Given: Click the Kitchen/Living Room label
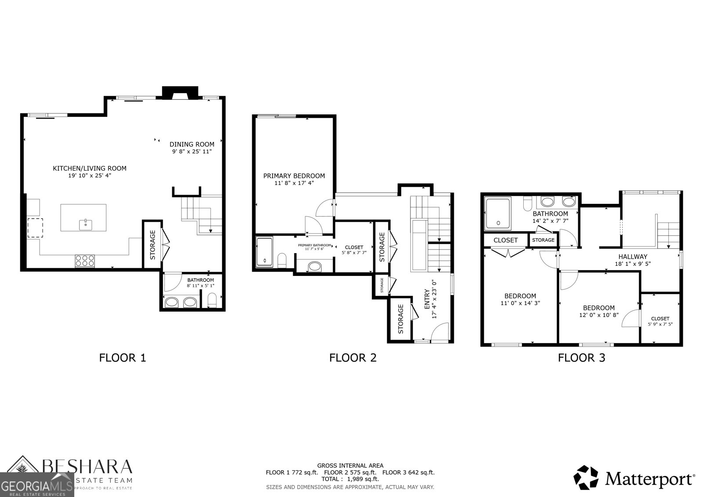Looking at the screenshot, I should point(90,168).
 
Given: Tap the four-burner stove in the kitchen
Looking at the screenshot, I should point(85,261).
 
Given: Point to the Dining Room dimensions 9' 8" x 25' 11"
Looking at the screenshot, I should point(192,152).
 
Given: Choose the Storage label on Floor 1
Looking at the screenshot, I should point(153,245).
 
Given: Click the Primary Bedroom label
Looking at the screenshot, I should point(294,176).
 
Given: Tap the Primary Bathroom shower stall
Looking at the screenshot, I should point(265,253).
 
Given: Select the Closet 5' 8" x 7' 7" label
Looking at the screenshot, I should point(354,247).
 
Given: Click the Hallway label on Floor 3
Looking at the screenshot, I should point(633,257).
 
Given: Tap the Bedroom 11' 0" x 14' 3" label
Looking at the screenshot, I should point(520,296).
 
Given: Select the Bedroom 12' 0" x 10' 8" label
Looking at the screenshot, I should point(599,308).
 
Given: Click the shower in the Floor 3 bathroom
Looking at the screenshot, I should point(498,214).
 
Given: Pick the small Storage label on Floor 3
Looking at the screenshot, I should point(543,240).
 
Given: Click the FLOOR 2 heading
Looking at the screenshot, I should point(353,358).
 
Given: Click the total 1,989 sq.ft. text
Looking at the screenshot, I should point(350,479).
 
